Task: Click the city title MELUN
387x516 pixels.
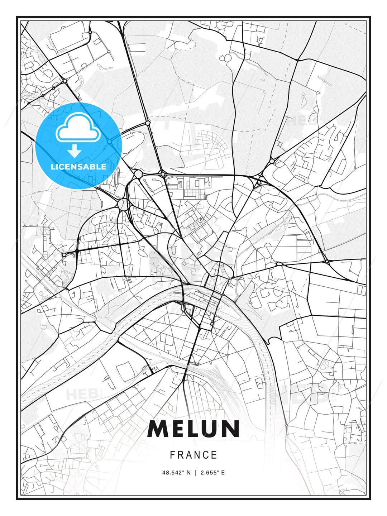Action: tap(193, 429)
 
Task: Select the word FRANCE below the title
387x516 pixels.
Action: tap(193, 455)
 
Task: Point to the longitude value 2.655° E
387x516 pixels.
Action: tap(212, 473)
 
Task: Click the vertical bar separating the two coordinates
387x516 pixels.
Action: tap(196, 473)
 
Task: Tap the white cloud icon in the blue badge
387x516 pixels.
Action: tap(77, 127)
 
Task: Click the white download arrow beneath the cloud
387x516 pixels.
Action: tap(75, 151)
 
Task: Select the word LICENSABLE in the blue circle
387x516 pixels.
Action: tap(78, 167)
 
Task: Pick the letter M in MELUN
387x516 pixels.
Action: tap(157, 429)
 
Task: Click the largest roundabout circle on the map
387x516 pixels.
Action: tap(123, 205)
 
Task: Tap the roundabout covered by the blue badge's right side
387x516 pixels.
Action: tap(109, 141)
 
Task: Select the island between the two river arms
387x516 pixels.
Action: tap(201, 301)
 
